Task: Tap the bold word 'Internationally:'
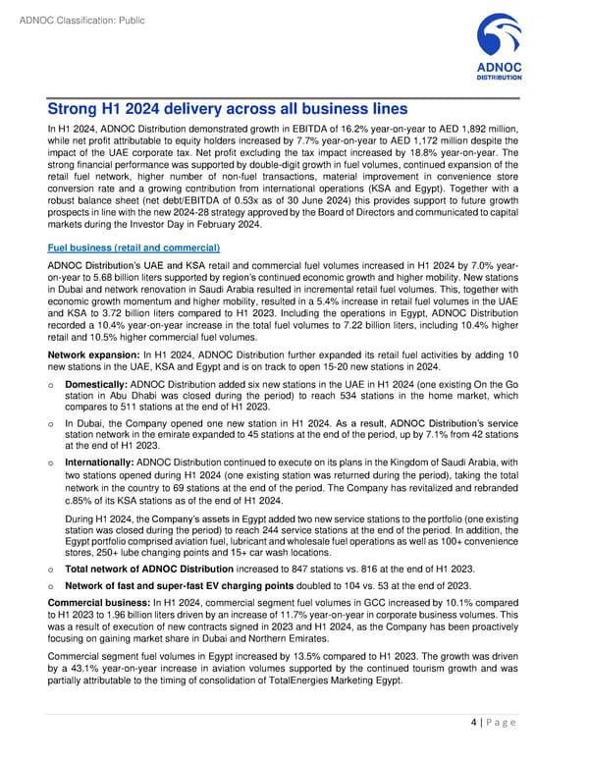click(x=101, y=462)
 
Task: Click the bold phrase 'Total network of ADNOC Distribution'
click(x=153, y=568)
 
